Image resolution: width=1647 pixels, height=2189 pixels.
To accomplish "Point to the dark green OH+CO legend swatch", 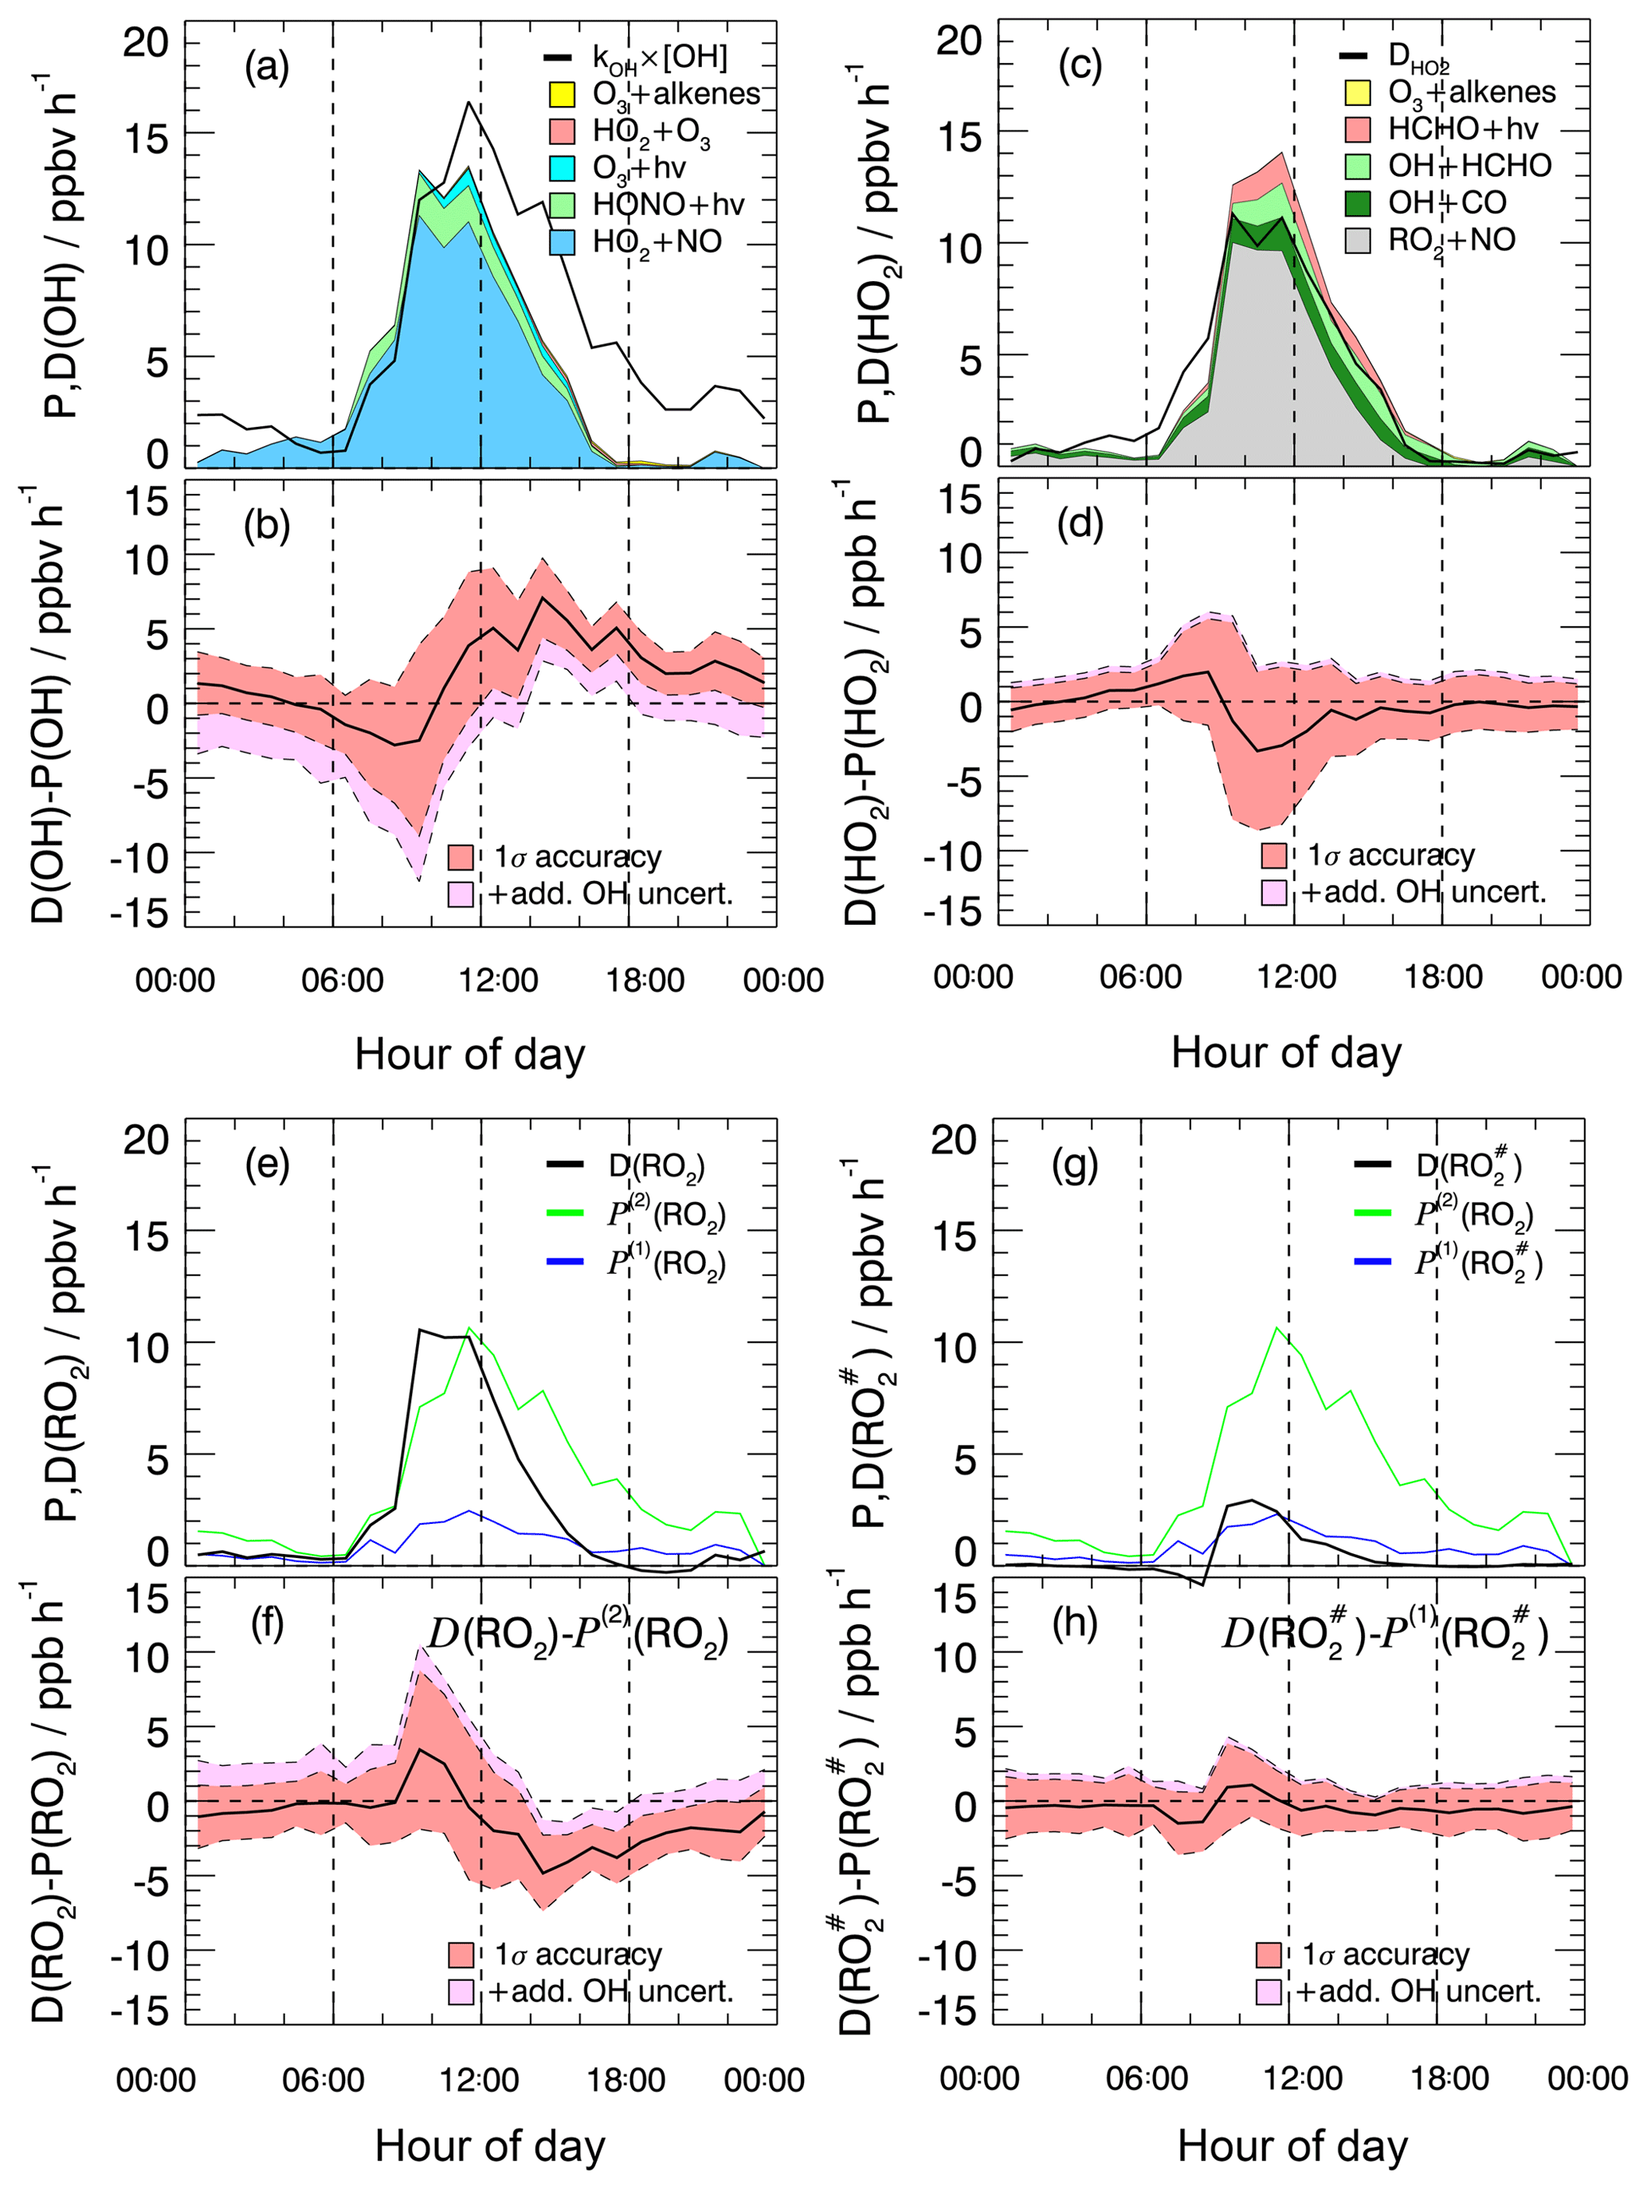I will (1357, 203).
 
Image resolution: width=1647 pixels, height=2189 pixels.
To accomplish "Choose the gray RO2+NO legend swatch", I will (1357, 240).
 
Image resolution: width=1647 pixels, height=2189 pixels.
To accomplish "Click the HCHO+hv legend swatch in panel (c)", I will (1357, 129).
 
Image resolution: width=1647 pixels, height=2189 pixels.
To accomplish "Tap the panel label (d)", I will (1080, 523).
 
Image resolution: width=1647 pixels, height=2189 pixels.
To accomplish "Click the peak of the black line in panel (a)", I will (469, 102).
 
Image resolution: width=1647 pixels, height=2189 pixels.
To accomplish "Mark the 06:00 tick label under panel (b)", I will (343, 981).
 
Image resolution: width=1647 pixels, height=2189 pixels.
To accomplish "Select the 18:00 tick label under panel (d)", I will (1443, 977).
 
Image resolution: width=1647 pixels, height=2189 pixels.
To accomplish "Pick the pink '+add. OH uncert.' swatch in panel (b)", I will (461, 894).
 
